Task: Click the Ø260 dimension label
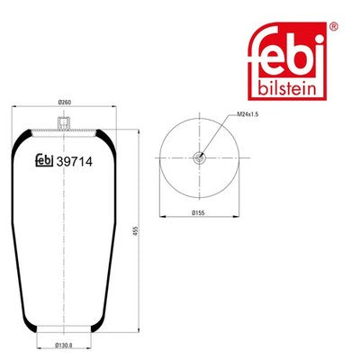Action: point(64,103)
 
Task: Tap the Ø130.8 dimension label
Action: point(64,345)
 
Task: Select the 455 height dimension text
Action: point(134,231)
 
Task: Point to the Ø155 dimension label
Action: point(198,212)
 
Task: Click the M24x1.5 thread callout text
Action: point(247,114)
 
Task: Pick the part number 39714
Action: point(75,162)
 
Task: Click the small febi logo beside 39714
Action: point(44,160)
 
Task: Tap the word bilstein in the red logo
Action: point(287,89)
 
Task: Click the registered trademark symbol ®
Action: point(334,26)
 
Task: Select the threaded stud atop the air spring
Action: point(64,123)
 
